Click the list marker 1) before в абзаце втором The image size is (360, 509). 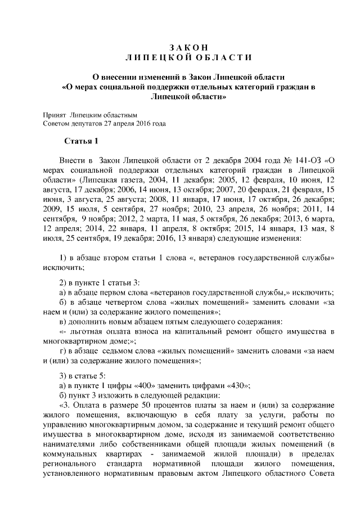(64, 258)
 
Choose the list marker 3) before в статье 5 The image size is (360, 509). (64, 375)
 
